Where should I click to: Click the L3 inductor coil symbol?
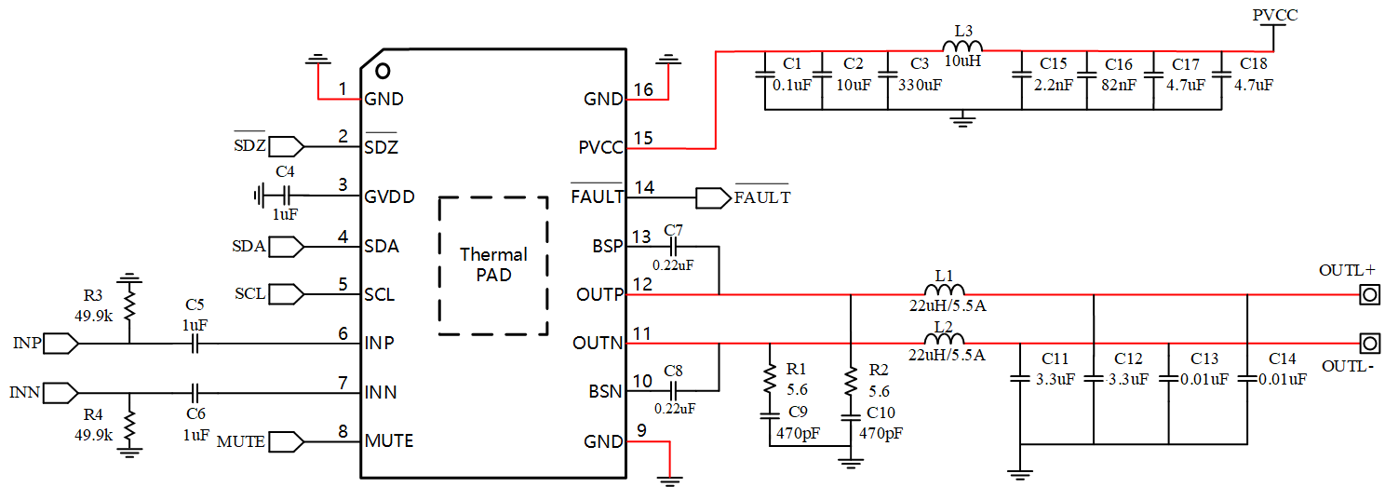(962, 46)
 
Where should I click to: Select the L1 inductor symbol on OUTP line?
(944, 290)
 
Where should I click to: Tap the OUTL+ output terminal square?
(1369, 294)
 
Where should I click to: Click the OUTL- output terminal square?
(1369, 343)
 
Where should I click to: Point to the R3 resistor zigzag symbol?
(129, 305)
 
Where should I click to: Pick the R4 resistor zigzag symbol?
(129, 426)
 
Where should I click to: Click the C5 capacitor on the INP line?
(195, 343)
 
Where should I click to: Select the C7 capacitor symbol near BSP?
(674, 246)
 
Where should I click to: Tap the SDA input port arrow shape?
(287, 247)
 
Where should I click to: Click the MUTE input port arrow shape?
(287, 441)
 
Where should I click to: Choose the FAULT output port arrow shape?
(714, 198)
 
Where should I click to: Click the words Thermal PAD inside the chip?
(493, 264)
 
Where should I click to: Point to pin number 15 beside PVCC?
(643, 138)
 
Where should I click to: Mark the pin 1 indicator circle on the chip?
(383, 71)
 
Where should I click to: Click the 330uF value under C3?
(920, 85)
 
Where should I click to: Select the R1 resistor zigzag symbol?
(770, 379)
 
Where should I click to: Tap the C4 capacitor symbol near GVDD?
(285, 196)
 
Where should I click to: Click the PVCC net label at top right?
(1275, 15)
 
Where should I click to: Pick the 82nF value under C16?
(1119, 85)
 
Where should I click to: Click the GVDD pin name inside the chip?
(389, 196)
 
